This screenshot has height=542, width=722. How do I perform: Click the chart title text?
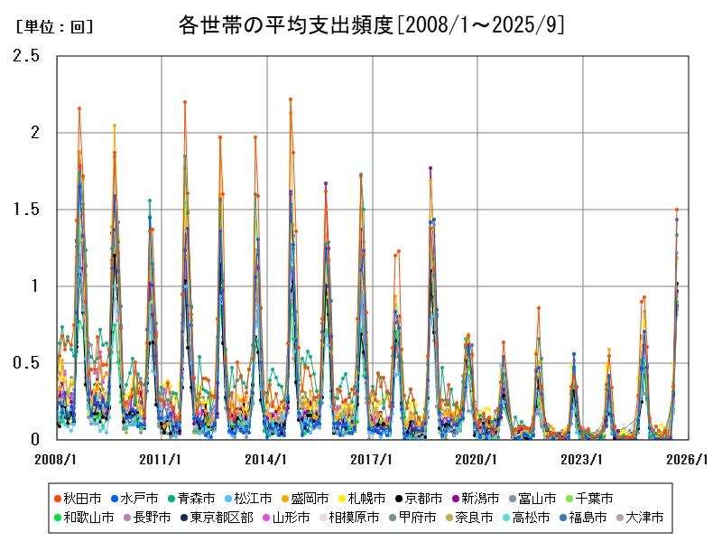[x=372, y=25]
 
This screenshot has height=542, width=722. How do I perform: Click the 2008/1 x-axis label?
[x=56, y=458]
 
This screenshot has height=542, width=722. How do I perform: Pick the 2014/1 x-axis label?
[x=266, y=458]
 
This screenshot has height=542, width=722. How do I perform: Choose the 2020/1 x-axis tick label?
[x=477, y=458]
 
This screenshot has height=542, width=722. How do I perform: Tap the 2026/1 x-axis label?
[x=688, y=458]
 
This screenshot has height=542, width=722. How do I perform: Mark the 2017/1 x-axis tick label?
[x=372, y=458]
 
